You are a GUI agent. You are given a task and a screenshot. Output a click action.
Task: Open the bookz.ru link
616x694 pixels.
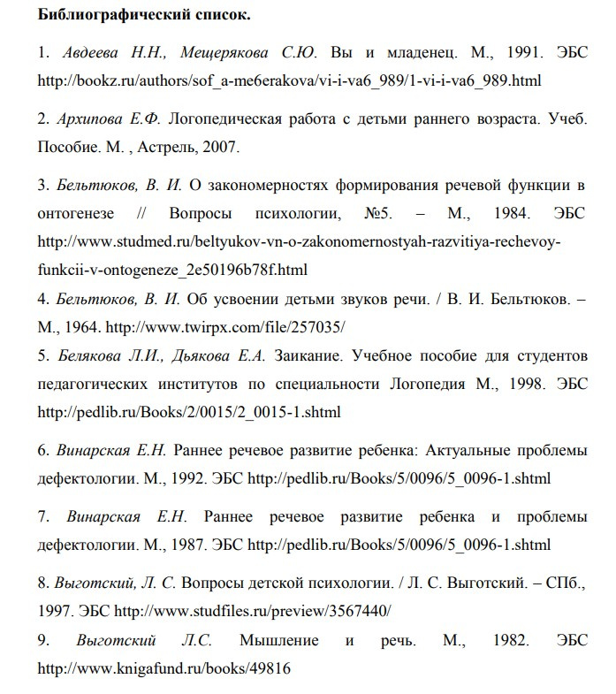click(288, 80)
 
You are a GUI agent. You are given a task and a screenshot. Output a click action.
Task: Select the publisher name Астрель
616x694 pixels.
click(185, 146)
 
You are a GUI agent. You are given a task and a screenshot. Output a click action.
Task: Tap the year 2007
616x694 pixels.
click(236, 146)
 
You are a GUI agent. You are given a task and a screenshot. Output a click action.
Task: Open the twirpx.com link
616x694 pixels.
click(225, 326)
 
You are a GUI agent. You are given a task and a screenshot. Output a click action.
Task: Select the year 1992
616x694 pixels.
click(184, 478)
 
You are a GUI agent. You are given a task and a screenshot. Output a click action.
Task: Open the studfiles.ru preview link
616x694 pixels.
click(254, 611)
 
